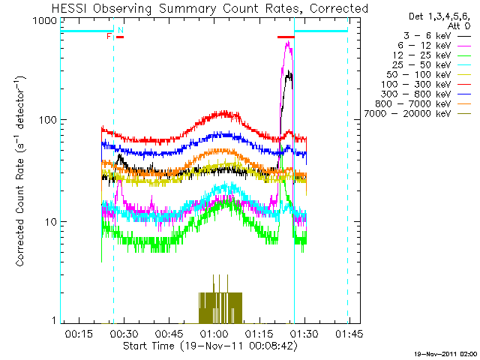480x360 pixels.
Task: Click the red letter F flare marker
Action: pyautogui.click(x=109, y=36)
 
